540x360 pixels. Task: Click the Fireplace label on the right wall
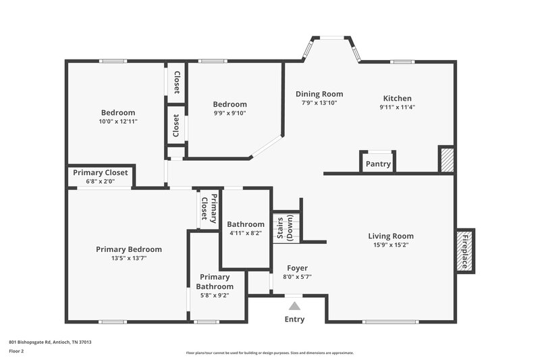(x=464, y=251)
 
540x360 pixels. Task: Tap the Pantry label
(x=377, y=163)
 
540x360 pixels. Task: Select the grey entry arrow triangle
(x=294, y=306)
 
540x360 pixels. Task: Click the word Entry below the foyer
(x=294, y=319)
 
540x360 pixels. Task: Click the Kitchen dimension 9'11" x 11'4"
(x=397, y=107)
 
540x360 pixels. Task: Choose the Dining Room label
(x=319, y=94)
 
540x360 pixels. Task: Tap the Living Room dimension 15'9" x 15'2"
(x=391, y=245)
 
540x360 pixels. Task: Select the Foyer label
(x=297, y=268)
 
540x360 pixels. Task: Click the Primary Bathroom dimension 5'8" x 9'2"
(x=215, y=295)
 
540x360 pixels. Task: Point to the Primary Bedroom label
(x=129, y=249)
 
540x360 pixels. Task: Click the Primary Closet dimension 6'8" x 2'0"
(x=100, y=181)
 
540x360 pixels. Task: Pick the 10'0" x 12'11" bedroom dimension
(x=118, y=122)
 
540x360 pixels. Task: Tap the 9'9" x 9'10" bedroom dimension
(x=230, y=113)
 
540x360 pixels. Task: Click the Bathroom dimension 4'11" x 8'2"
(x=246, y=233)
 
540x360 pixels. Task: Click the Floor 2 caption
(x=17, y=351)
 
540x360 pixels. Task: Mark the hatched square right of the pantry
(x=446, y=159)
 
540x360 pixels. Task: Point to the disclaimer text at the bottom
(x=269, y=353)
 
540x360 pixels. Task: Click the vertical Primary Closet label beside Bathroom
(x=209, y=207)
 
